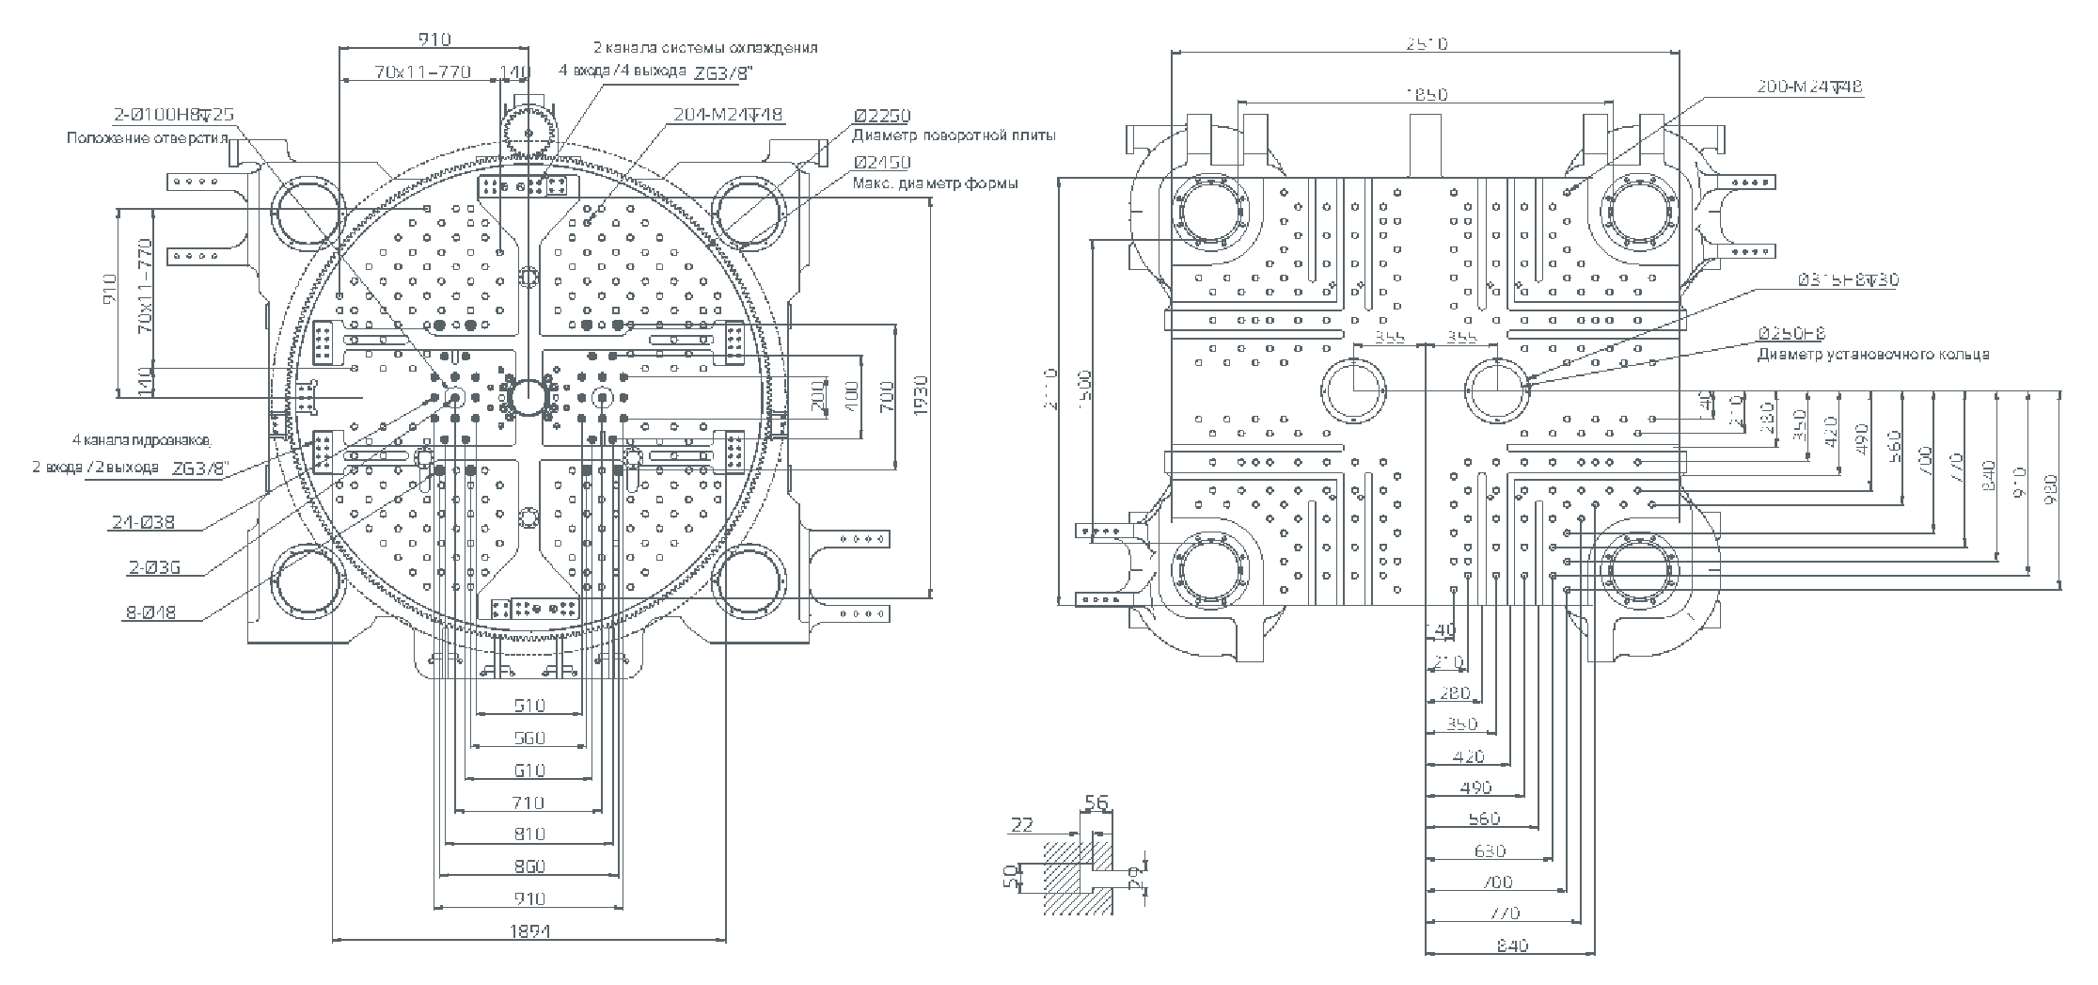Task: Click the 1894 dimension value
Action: pos(529,931)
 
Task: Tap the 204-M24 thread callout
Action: pos(728,115)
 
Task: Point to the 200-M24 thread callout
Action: pos(1809,87)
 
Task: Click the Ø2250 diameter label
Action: pos(882,116)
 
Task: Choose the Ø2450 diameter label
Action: pos(882,163)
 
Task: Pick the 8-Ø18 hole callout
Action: pos(150,613)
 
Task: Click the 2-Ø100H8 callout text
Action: pos(174,115)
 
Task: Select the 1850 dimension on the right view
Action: pos(1427,94)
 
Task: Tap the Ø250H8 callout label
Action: pos(1790,333)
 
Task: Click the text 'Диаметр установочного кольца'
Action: pos(1872,355)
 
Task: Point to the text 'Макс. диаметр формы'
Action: pos(935,183)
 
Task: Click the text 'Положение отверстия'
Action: pos(148,137)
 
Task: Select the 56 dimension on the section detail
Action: pos(1096,802)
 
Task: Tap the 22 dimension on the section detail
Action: pos(1021,825)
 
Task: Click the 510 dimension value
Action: pos(529,705)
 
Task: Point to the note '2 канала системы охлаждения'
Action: pos(704,47)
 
